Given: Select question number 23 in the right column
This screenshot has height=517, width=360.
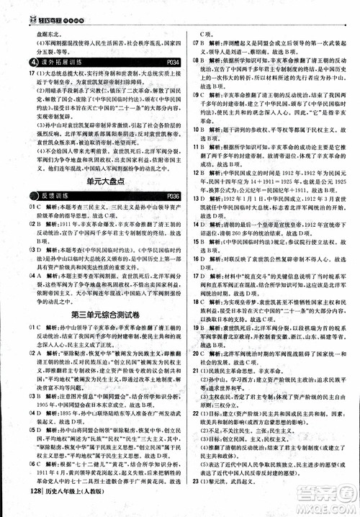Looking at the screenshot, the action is [196, 500].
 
